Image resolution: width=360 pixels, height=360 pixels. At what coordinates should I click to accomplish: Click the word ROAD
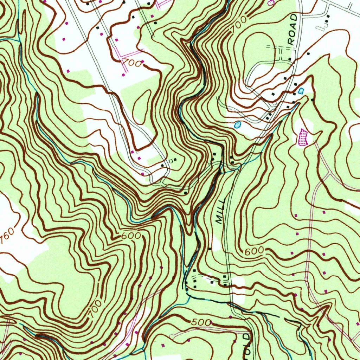292,30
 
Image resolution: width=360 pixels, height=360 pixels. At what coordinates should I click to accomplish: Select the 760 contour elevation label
7,238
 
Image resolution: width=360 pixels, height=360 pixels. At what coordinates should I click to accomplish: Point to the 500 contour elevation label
202,322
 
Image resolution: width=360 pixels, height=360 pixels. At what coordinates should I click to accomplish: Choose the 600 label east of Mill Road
254,251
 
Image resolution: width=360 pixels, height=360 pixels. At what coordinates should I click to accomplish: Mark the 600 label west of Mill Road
131,236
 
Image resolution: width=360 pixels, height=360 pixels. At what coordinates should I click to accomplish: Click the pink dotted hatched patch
303,137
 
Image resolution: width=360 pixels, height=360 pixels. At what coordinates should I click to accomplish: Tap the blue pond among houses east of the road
300,91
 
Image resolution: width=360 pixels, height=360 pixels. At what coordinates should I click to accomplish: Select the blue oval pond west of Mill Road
237,124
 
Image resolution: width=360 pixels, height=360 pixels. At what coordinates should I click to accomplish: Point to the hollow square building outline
171,161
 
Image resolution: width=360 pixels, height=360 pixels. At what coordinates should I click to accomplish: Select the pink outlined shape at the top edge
271,2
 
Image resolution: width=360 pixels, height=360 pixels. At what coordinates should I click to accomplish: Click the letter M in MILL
219,220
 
